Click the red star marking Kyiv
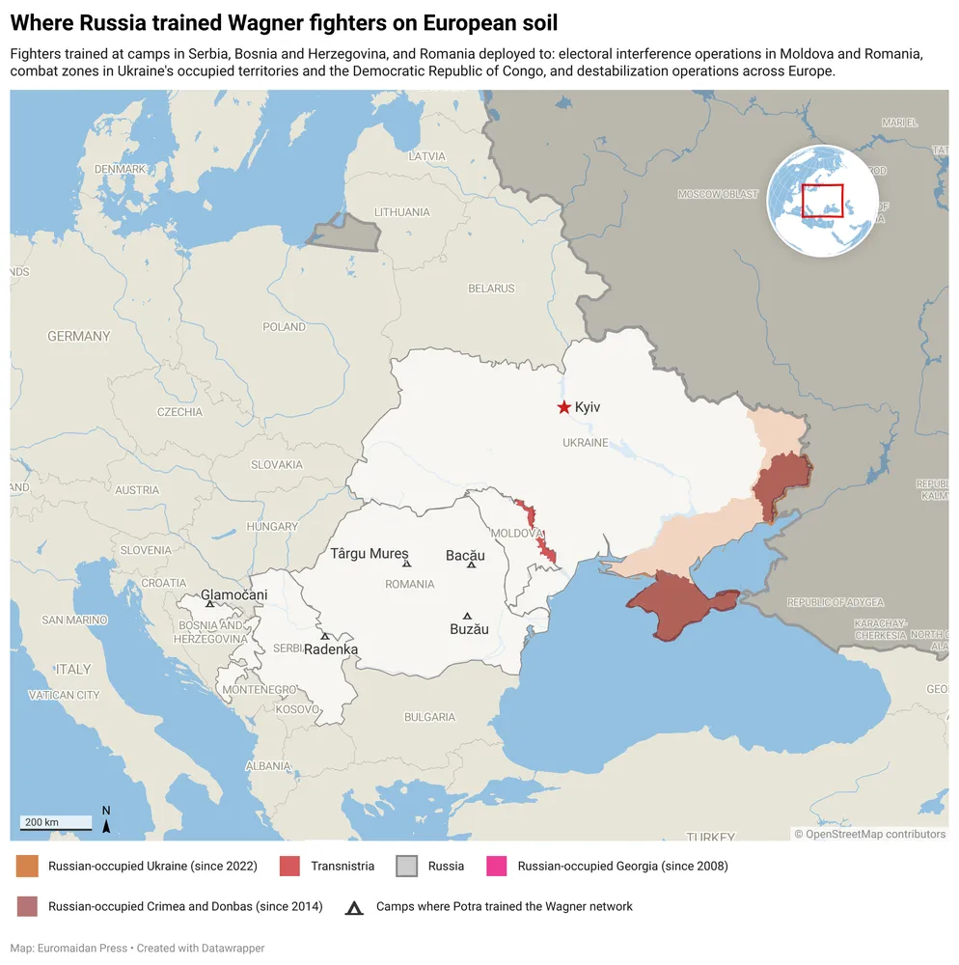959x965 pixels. [x=563, y=407]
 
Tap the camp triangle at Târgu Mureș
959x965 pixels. [x=406, y=564]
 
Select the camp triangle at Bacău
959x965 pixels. [x=472, y=565]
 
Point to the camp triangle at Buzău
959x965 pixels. [x=468, y=616]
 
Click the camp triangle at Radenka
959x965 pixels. [x=325, y=636]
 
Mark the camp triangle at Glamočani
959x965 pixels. [x=210, y=604]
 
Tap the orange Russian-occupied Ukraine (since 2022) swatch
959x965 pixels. [x=27, y=866]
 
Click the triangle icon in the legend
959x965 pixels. [x=355, y=907]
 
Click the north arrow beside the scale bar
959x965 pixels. [x=106, y=819]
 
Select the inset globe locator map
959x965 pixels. [x=823, y=201]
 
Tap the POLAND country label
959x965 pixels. [x=285, y=327]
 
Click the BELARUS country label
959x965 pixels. [x=491, y=289]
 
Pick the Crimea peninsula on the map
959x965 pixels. [x=680, y=603]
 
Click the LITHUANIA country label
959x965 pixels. [x=402, y=212]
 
